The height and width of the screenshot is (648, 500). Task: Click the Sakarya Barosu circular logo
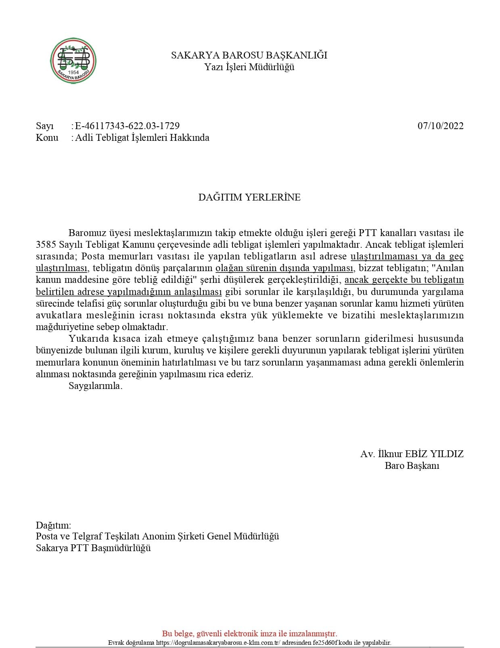[x=73, y=61]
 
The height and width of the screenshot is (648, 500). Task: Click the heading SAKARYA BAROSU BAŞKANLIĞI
[x=249, y=55]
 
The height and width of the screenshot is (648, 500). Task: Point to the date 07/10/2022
[x=440, y=126]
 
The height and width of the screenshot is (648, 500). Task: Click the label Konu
[x=47, y=138]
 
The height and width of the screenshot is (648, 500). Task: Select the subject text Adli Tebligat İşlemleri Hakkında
[x=142, y=138]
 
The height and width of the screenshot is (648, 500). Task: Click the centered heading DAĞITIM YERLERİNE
[x=249, y=197]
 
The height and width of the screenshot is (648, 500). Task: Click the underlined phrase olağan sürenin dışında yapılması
[x=285, y=268]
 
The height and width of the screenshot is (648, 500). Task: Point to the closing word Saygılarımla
[x=95, y=386]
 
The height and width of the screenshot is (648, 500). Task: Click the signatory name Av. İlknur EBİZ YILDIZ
[x=412, y=454]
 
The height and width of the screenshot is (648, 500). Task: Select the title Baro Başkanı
[x=412, y=466]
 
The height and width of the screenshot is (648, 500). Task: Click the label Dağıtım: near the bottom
[x=53, y=525]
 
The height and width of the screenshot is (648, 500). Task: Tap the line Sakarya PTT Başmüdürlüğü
[x=93, y=548]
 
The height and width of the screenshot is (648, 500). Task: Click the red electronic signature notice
[x=249, y=633]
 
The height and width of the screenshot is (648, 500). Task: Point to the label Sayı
[x=44, y=126]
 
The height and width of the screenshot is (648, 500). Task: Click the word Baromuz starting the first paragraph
[x=86, y=233]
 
